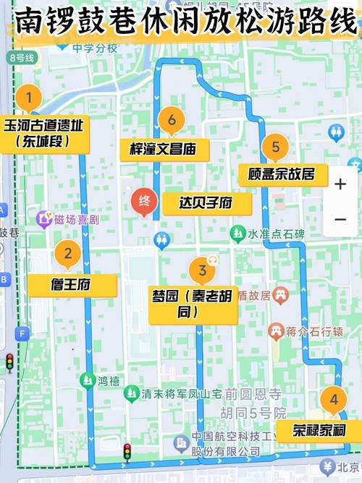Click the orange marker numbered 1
click(29, 97)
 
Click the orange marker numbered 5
click(276, 148)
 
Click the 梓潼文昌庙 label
click(164, 150)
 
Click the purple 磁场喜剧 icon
click(45, 217)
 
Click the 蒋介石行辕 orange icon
click(275, 332)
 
